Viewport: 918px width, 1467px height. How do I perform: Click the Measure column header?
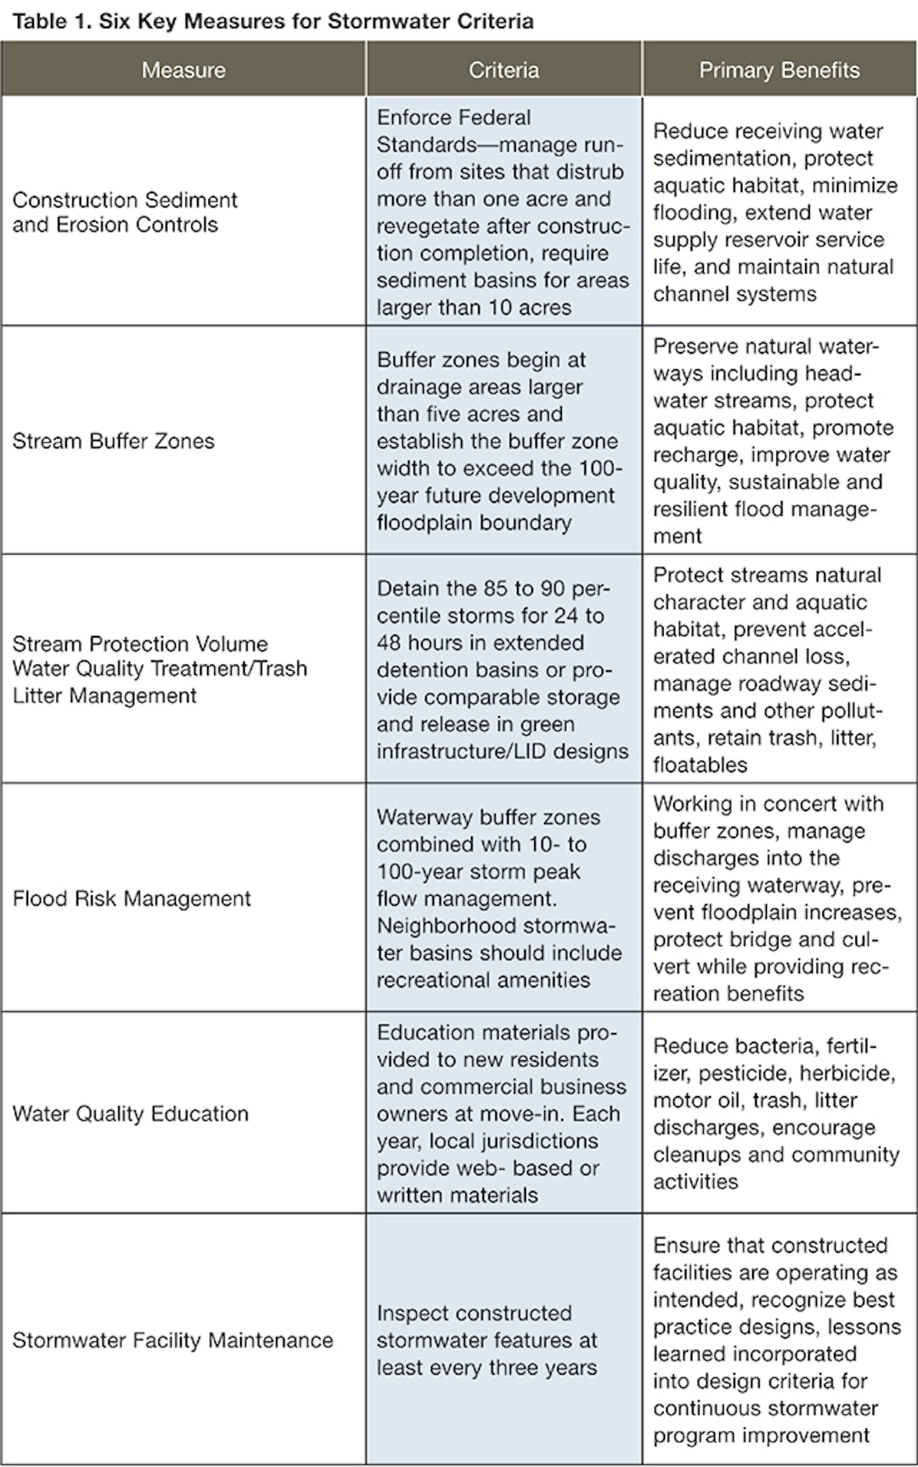point(184,70)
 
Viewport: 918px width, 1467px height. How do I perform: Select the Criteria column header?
point(504,70)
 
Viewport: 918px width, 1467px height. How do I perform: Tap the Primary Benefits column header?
point(779,70)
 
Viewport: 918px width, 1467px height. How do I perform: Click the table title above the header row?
point(273,22)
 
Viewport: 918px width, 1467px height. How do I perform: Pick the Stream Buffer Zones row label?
point(113,441)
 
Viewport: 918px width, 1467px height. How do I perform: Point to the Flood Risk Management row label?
point(131,899)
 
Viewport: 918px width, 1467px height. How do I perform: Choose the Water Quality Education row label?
point(130,1113)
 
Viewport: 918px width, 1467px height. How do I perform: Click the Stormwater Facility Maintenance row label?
point(172,1340)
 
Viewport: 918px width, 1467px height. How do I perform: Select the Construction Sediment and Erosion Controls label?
point(125,212)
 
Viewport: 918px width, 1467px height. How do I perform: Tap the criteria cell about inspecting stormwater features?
point(487,1340)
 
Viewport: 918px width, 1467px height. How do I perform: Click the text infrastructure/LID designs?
point(502,751)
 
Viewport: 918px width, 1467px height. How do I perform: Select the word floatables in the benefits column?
point(700,765)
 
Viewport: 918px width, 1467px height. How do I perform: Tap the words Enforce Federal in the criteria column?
point(453,118)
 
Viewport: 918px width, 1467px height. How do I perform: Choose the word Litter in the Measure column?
point(38,695)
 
